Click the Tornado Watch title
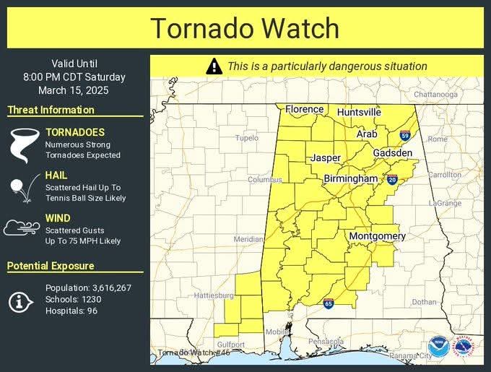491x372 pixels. pos(245,28)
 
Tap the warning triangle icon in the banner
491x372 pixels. pos(214,66)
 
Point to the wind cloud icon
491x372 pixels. pos(22,229)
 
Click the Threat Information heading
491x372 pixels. pos(51,110)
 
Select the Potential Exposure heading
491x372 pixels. pos(51,266)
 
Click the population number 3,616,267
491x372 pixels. pos(105,287)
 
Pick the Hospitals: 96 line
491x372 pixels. pos(71,311)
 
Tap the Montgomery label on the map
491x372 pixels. pos(377,236)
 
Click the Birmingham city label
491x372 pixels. pos(350,178)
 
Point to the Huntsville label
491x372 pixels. pos(359,113)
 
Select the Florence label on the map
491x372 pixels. pos(304,109)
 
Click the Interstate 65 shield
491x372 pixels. pos(329,303)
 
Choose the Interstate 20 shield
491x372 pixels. pos(392,180)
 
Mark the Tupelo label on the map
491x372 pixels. pos(246,138)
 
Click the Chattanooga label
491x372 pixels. pos(435,95)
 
